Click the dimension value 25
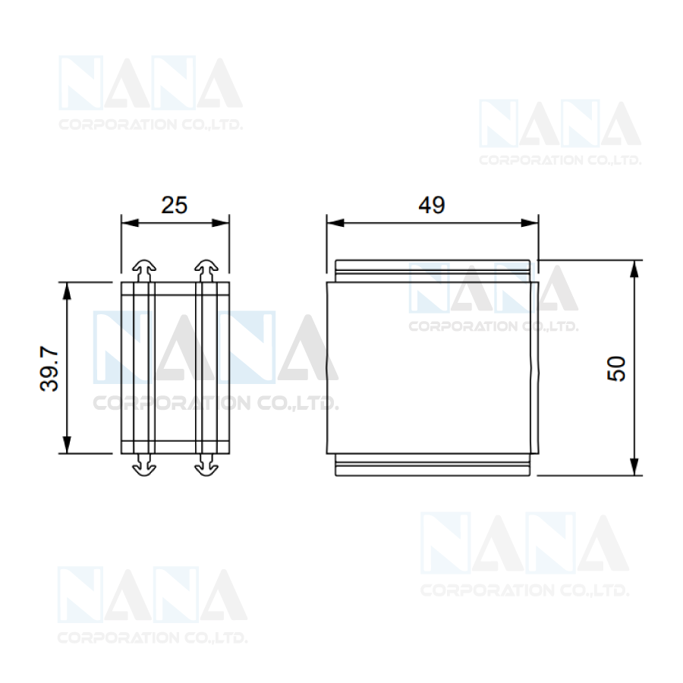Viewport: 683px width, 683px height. point(175,205)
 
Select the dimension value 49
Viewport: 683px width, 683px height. point(432,205)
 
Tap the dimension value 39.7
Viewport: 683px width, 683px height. point(49,370)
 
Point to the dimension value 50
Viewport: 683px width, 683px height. point(616,369)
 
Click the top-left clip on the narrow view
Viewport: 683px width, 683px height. point(143,271)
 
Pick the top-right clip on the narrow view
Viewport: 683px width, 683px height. point(206,271)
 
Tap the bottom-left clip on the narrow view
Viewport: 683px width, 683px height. point(143,464)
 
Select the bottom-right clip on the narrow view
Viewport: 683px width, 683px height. point(206,464)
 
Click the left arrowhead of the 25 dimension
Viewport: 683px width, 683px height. point(130,223)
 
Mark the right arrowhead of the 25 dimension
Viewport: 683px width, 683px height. point(220,223)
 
